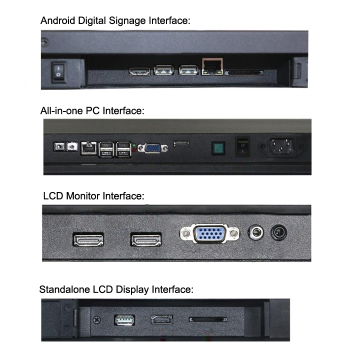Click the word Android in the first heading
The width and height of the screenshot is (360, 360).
pos(58,20)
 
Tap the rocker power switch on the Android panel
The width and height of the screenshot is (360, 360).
pos(58,71)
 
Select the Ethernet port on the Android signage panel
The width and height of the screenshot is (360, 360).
pos(212,66)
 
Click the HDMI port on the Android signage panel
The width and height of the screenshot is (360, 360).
pos(139,71)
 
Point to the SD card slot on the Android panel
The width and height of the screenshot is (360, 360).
pos(244,73)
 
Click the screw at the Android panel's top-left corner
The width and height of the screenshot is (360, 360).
pos(44,42)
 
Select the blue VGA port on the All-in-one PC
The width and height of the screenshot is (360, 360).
pos(152,148)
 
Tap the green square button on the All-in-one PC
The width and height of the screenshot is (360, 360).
pos(218,148)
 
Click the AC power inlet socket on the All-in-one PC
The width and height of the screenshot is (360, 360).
pos(281,146)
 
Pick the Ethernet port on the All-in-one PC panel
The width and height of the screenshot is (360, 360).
pos(89,148)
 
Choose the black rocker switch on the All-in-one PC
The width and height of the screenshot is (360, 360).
pos(242,147)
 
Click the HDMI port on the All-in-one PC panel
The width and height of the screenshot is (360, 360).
pos(181,144)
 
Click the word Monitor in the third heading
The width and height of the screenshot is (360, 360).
pos(83,196)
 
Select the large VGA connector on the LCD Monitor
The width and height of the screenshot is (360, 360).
pos(209,233)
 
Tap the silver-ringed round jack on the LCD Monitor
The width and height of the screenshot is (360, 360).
pos(256,232)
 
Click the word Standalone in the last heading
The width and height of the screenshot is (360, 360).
pos(64,289)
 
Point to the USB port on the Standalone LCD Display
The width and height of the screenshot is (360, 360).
pos(124,320)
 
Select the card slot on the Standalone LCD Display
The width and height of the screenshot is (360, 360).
pos(208,319)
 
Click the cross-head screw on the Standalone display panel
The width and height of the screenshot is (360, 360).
pos(96,319)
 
